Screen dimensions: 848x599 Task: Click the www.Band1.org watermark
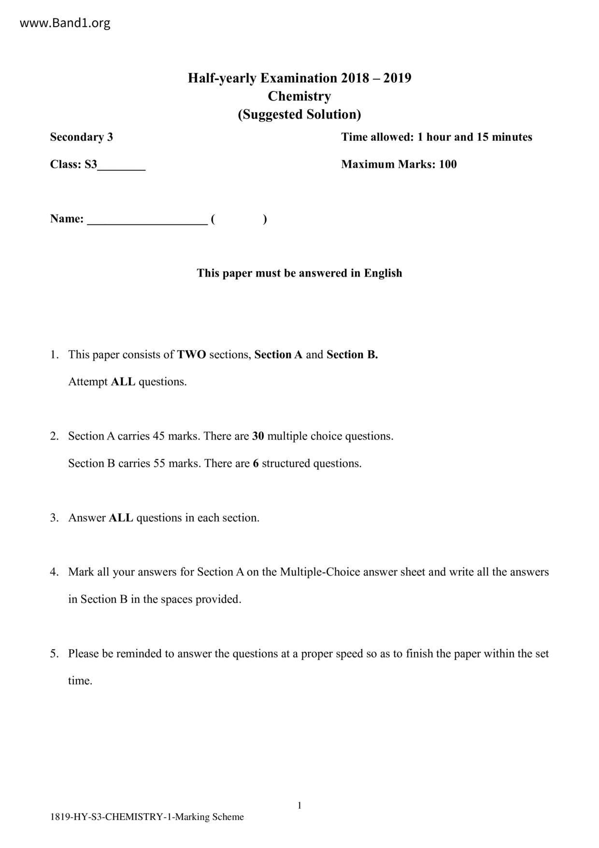click(65, 23)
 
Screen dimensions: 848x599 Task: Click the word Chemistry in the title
click(299, 96)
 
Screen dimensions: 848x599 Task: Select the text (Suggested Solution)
click(299, 115)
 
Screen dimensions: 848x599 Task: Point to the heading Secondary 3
click(82, 137)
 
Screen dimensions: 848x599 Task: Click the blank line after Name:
click(147, 220)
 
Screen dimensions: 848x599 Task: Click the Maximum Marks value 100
click(448, 164)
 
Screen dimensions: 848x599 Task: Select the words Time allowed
click(377, 137)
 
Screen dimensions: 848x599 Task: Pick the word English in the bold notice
click(383, 273)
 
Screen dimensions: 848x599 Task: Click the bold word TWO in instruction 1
click(191, 355)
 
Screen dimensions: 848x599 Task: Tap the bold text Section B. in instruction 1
click(352, 355)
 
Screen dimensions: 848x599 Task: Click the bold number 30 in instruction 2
click(258, 436)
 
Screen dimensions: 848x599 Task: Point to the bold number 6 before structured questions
click(256, 464)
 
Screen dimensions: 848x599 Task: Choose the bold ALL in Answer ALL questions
click(121, 518)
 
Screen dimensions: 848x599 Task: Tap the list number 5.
click(54, 654)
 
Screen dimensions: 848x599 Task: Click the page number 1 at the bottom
click(299, 805)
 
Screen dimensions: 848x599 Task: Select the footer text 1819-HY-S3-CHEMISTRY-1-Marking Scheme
click(147, 817)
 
